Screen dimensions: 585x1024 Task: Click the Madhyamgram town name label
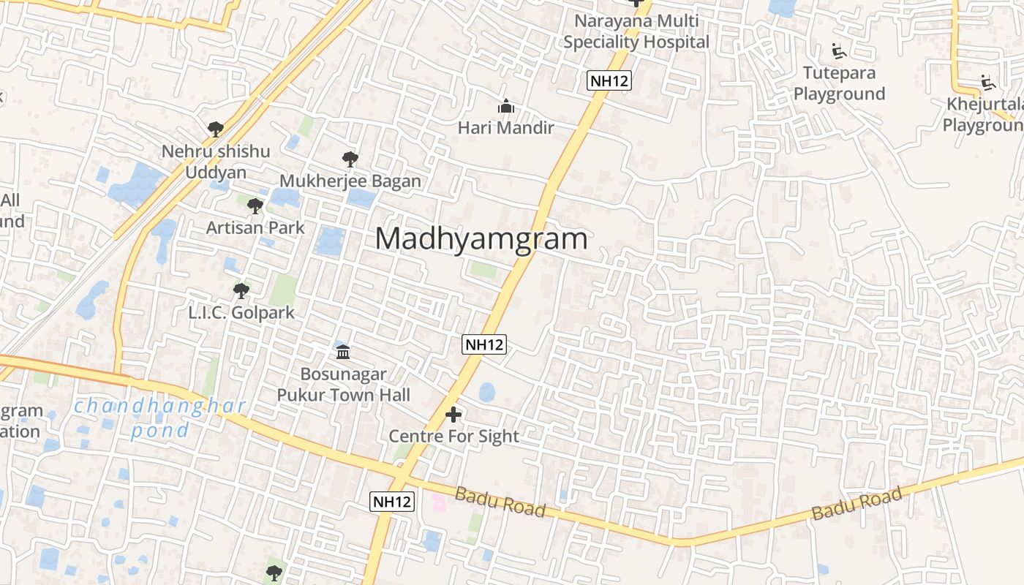(481, 239)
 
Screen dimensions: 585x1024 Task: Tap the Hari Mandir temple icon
(505, 107)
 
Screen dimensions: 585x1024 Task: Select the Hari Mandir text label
(505, 128)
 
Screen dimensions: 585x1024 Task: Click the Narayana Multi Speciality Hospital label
(636, 31)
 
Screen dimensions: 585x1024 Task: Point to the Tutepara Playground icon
(838, 52)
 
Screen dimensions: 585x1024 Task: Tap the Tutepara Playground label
(839, 83)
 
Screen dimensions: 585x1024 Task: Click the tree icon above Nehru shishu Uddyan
(215, 129)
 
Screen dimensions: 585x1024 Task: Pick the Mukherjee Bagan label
(350, 181)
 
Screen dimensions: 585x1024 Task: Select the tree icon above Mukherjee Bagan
(350, 159)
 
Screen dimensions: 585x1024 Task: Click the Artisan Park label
(255, 227)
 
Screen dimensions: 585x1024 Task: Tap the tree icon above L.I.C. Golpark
(241, 291)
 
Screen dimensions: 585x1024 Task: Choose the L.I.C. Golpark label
(241, 312)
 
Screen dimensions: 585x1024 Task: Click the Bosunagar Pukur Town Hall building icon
(343, 353)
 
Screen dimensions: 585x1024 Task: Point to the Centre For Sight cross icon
(453, 415)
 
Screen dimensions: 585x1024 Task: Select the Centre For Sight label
(453, 437)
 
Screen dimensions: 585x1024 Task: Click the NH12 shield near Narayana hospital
(609, 80)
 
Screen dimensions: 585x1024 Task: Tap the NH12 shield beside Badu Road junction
(392, 502)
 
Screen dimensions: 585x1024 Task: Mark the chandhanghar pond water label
(160, 418)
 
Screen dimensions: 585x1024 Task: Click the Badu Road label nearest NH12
(500, 502)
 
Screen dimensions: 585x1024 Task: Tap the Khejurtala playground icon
(987, 83)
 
